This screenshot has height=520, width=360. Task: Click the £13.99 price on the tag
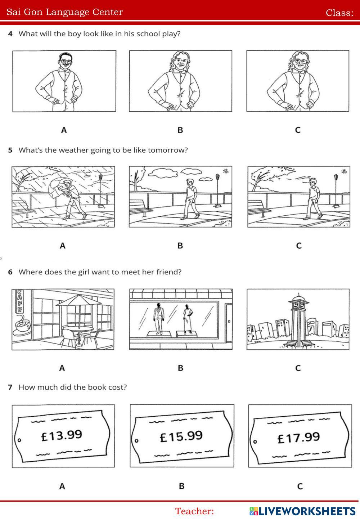click(x=62, y=435)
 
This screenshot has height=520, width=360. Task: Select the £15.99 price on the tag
click(x=181, y=436)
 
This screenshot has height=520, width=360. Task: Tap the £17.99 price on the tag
click(x=298, y=438)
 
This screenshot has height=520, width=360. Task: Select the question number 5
click(x=10, y=150)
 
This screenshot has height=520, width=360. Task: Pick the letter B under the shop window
click(x=180, y=368)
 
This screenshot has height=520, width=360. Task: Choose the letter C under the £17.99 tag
click(x=300, y=486)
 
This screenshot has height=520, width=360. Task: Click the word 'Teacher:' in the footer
click(x=194, y=511)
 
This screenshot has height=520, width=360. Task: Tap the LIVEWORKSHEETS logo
click(x=302, y=511)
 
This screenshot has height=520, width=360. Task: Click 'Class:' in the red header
click(x=339, y=13)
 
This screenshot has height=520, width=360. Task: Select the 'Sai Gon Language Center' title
click(x=65, y=12)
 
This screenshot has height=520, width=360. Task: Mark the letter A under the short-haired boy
click(x=64, y=130)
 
